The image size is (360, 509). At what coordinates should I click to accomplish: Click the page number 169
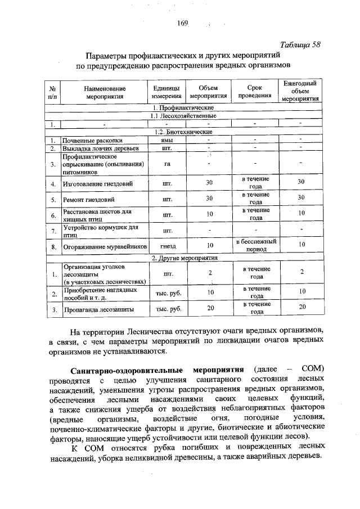coord(181,23)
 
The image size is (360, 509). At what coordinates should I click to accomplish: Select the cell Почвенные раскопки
coord(92,139)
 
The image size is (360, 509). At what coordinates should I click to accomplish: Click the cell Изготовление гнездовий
coord(97,183)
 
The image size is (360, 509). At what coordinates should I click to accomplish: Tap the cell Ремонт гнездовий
coord(88,199)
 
